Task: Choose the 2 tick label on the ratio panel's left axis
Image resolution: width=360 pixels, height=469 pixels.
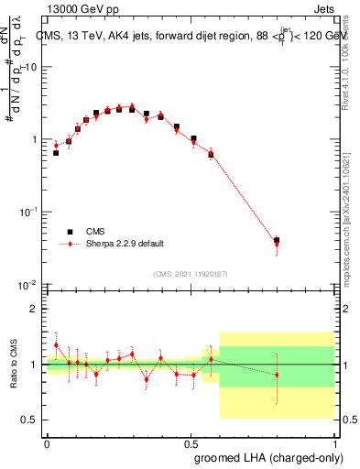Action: pos(35,310)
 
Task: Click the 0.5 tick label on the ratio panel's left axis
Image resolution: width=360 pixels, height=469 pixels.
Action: pos(30,420)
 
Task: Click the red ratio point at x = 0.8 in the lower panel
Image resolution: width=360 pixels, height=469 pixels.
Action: pos(277,375)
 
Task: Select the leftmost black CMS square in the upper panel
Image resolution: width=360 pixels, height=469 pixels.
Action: pos(56,153)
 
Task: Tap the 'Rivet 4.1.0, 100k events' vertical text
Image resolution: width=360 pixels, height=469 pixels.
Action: pos(352,60)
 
